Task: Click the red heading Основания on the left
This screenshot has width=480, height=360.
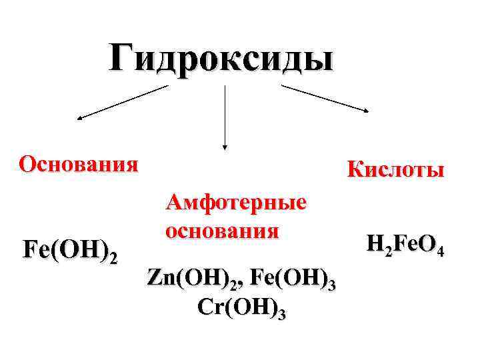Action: click(79, 163)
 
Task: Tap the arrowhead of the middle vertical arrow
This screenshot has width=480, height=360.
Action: click(225, 145)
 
